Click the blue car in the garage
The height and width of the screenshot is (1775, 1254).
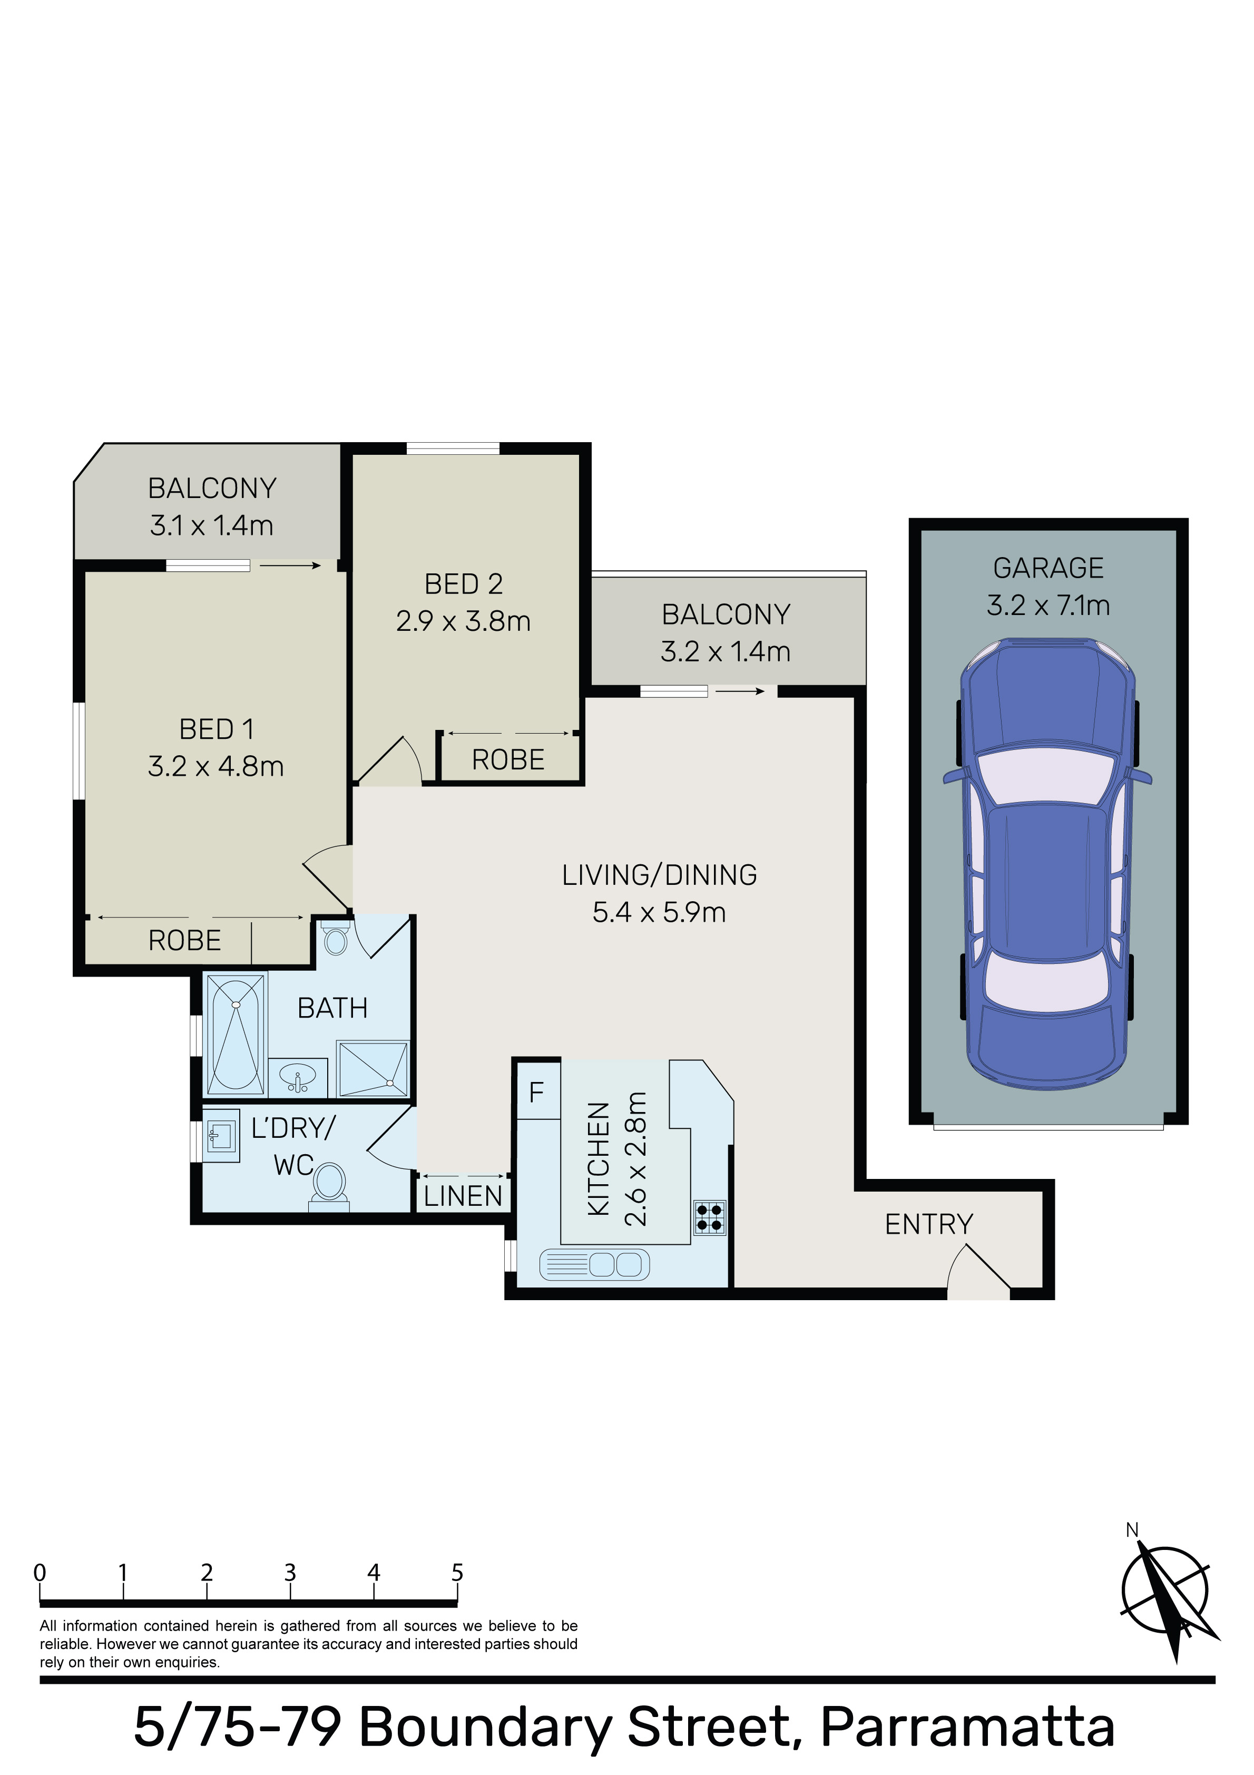point(1047,863)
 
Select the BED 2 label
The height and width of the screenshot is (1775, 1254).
point(464,584)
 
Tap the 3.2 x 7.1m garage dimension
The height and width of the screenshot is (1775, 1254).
point(1049,604)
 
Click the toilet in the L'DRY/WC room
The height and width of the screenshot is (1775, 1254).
point(330,1185)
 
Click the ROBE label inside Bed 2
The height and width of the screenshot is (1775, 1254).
point(508,760)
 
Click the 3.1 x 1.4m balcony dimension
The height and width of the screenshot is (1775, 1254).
point(212,525)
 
